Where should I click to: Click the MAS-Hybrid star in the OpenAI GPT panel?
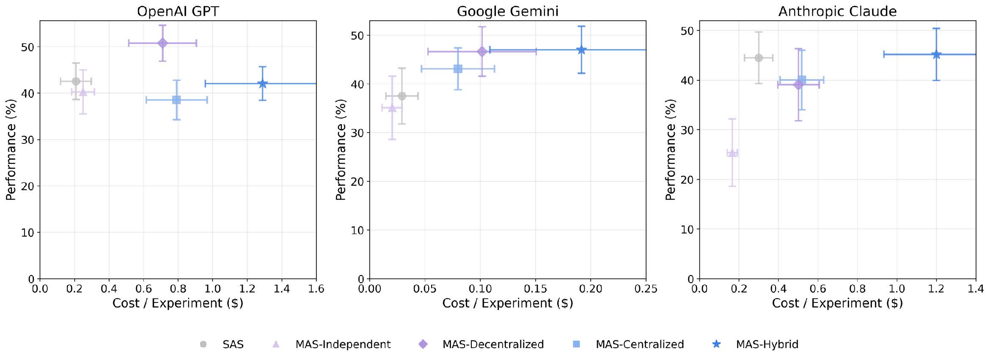(x=262, y=84)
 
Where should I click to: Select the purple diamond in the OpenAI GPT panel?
(x=162, y=43)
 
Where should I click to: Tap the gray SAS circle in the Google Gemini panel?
(x=402, y=96)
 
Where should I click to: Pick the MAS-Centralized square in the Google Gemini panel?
(x=458, y=69)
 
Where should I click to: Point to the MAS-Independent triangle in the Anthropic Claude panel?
(x=732, y=153)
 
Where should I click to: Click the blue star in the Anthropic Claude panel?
(x=936, y=55)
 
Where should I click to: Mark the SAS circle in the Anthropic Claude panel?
(x=759, y=58)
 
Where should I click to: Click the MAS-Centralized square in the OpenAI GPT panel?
(x=176, y=100)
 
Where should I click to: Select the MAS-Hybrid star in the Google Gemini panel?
(x=581, y=50)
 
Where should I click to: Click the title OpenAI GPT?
(x=178, y=11)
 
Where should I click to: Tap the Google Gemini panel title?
(x=508, y=11)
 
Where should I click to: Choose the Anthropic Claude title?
(x=837, y=11)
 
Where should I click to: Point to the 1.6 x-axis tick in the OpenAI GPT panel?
(x=316, y=289)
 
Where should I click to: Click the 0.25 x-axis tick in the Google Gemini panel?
(x=646, y=289)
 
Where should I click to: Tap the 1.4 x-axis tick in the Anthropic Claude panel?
(x=976, y=289)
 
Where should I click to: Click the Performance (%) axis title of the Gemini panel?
(x=341, y=149)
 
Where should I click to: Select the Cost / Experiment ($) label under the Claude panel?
(x=837, y=303)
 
